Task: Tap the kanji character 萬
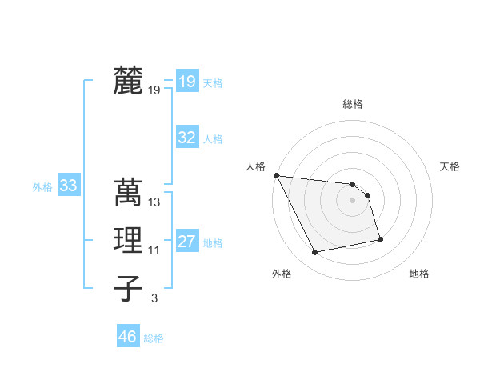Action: pos(128,192)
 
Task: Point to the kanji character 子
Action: pos(128,288)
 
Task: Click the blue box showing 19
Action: pos(186,81)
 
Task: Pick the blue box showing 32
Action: pos(186,138)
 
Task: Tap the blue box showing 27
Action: pos(186,242)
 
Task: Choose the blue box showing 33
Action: pos(68,186)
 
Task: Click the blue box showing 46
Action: pos(127,337)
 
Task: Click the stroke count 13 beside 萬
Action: pos(154,202)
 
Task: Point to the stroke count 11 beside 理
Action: pos(154,250)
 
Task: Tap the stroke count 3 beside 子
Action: pos(154,298)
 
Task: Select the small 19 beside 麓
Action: pos(154,90)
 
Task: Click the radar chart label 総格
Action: pos(353,104)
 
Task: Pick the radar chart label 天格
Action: pos(450,166)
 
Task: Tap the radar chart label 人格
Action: pos(255,166)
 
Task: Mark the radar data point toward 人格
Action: pos(276,175)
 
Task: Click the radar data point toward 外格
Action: pos(315,253)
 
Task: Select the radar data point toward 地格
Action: pos(380,238)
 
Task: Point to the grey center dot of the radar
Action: pos(353,200)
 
